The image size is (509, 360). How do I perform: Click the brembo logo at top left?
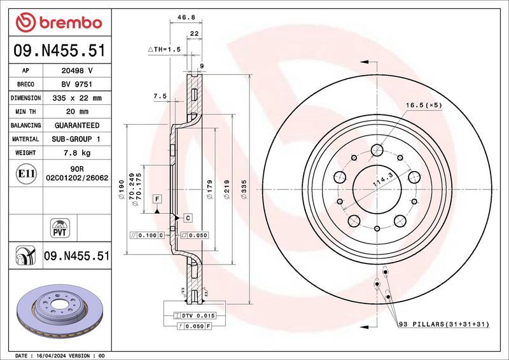59,23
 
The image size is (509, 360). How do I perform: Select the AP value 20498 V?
76,70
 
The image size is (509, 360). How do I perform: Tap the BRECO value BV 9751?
76,84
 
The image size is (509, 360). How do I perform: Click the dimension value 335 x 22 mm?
76,98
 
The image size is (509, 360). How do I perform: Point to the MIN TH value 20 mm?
76,112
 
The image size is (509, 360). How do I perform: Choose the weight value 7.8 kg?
76,153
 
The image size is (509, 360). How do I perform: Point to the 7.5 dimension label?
160,96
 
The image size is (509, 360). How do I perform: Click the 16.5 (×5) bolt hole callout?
424,105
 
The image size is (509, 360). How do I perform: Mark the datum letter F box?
156,199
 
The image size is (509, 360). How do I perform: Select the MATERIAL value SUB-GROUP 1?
76,139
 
